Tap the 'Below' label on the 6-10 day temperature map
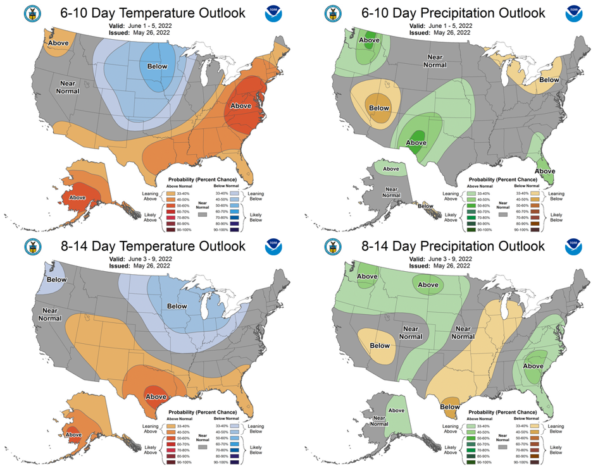158,66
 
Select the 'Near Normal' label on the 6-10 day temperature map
70,87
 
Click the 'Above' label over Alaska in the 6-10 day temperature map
77,197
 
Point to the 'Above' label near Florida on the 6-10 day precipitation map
544,171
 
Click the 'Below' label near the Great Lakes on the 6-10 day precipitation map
549,80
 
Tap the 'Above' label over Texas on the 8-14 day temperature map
156,396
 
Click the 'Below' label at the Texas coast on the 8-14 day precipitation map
449,407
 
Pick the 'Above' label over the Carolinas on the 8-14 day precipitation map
533,366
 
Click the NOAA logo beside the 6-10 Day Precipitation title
573,13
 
